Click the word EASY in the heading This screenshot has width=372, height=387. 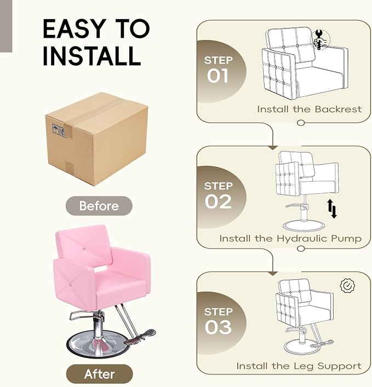point(73,28)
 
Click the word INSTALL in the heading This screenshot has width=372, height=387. point(92,55)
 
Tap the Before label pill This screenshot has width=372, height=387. point(99,206)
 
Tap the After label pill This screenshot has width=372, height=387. point(99,374)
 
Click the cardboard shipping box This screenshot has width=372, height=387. point(96,139)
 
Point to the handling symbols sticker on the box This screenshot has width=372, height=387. point(59,131)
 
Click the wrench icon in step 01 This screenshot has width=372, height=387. point(319,39)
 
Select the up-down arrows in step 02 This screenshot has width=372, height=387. point(332,209)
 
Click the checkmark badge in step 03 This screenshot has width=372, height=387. point(347,286)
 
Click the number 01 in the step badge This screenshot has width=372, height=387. point(218,76)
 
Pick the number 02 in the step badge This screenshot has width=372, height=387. point(218,201)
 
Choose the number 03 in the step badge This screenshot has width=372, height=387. point(218,327)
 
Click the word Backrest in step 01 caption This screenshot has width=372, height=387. point(338,109)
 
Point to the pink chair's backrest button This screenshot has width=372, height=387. point(84,249)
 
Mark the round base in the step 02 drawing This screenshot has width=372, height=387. point(304,226)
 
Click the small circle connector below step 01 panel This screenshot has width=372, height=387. point(301,123)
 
